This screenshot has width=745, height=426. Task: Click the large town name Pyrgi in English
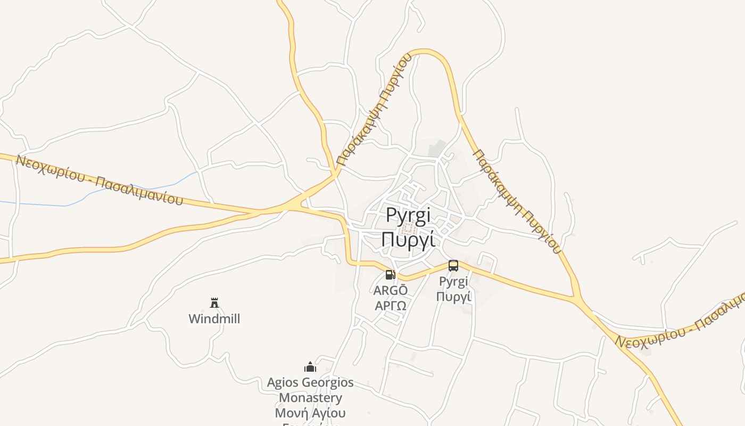(408, 216)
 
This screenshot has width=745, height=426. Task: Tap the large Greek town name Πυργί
(408, 239)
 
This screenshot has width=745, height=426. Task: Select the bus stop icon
(453, 265)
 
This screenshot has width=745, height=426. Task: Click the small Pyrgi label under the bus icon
(453, 281)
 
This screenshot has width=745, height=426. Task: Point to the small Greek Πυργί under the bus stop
(453, 296)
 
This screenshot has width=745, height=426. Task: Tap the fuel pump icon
(391, 275)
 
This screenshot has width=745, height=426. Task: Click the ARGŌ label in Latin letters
(391, 291)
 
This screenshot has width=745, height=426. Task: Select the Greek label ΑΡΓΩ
(391, 306)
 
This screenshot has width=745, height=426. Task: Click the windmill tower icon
(214, 303)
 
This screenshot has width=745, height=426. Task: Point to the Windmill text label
(214, 319)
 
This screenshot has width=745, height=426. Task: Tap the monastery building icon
(310, 367)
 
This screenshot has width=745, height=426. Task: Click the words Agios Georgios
(310, 382)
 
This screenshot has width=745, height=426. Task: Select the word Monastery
(310, 398)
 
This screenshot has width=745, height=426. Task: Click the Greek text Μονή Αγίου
(310, 413)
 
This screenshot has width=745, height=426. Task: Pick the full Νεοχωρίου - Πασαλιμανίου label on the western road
(99, 179)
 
